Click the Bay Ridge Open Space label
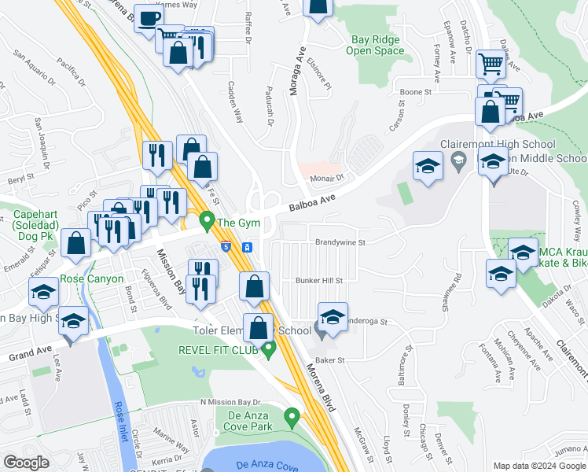376,46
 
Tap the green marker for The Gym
208,220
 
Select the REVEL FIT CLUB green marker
270,348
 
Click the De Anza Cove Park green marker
292,416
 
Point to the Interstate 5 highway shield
226,247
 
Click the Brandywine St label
340,243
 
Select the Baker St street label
329,359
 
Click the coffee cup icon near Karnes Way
149,19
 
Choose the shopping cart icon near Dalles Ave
491,65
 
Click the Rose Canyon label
93,279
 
